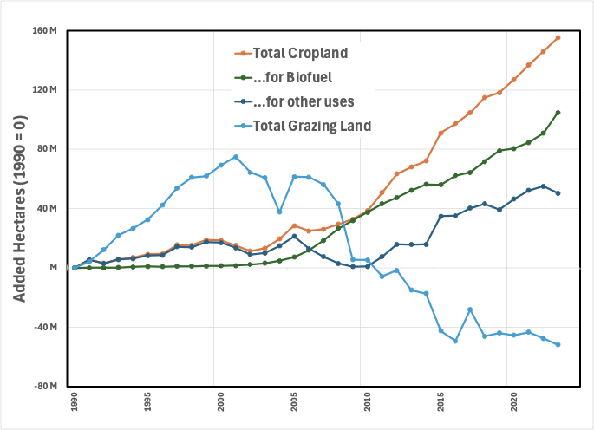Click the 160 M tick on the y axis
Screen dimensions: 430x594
pos(45,31)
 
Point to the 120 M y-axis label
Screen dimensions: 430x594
pos(45,90)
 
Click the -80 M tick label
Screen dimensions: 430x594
pos(45,386)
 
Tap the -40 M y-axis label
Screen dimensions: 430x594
pos(45,327)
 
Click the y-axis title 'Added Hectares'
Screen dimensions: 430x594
pos(19,208)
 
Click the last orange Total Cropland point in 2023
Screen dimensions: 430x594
pos(558,37)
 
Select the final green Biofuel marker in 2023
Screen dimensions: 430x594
pos(558,113)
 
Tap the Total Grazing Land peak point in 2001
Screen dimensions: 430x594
pos(236,157)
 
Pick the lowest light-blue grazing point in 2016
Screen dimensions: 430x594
pos(455,341)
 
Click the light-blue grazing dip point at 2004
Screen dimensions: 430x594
pos(279,212)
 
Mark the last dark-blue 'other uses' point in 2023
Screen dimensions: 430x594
pos(558,193)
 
